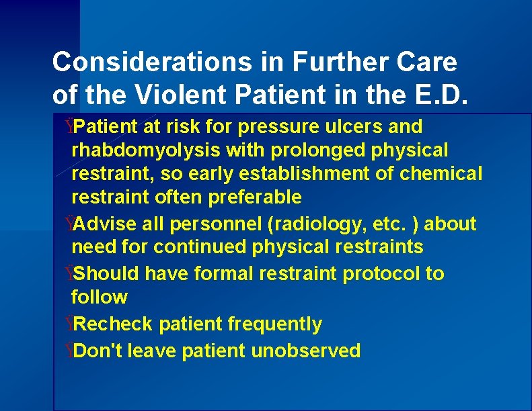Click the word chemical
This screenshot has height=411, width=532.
point(441,174)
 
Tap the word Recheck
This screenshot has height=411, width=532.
point(115,324)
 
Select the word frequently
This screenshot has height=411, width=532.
point(275,324)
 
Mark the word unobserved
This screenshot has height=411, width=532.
point(306,351)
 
